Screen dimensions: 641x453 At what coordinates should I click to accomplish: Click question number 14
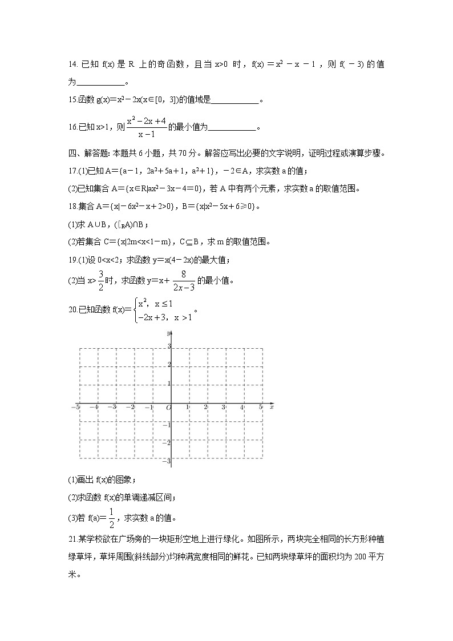(71, 65)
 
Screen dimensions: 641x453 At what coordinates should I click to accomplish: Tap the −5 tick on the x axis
(75, 407)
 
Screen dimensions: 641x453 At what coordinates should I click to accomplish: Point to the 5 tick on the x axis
(261, 407)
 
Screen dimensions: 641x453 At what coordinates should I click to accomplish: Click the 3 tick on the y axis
(169, 346)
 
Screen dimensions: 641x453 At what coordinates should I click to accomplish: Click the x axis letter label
(272, 407)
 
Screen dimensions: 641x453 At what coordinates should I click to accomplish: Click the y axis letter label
(169, 333)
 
